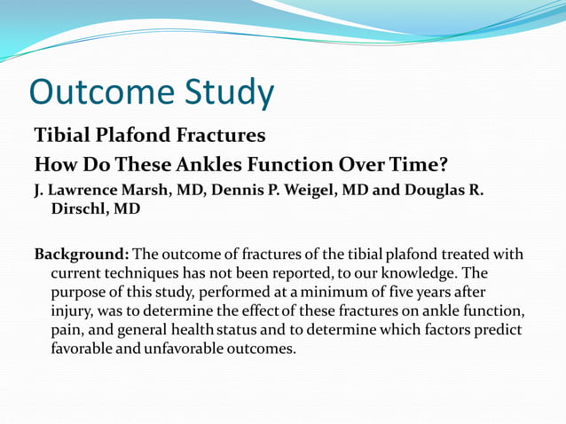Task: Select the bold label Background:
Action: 82,255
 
